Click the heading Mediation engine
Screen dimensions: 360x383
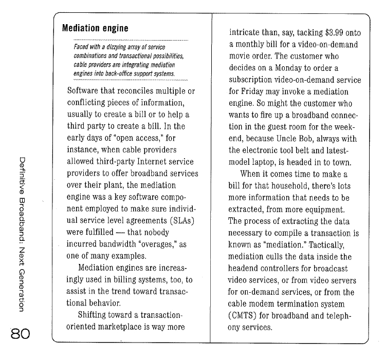pos(95,28)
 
